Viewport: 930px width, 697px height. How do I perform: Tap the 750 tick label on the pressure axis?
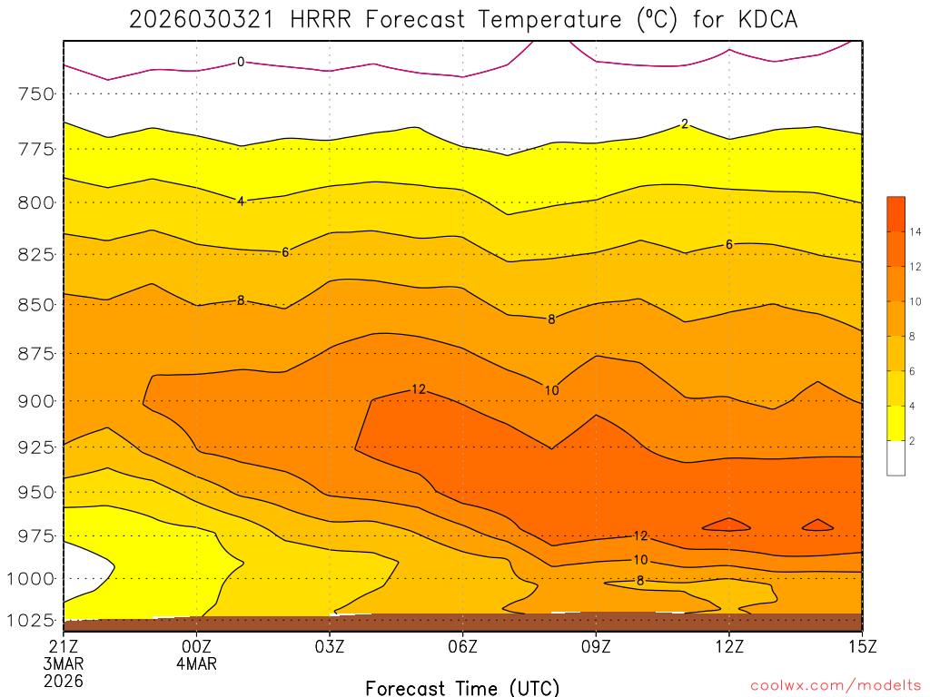tap(37, 94)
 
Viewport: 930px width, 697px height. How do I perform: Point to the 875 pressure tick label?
tap(37, 353)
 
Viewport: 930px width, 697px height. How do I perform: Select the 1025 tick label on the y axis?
tap(33, 622)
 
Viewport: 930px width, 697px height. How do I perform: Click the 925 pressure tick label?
tap(37, 447)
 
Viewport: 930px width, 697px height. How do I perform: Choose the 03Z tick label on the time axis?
tap(330, 646)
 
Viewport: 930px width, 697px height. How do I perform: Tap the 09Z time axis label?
tap(596, 646)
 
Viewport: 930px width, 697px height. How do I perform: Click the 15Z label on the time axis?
tap(861, 646)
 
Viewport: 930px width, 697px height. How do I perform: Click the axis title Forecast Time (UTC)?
tap(462, 687)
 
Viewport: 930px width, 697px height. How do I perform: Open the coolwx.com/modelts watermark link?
tap(835, 685)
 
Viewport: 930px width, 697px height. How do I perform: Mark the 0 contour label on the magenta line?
tap(241, 62)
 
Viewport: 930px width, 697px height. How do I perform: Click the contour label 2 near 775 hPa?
tap(685, 123)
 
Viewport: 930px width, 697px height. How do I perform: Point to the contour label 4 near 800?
tap(241, 201)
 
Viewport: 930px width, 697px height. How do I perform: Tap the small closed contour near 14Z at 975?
tap(817, 525)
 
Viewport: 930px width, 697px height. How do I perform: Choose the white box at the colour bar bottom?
tap(895, 457)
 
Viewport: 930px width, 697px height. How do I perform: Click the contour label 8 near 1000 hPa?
tap(640, 580)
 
